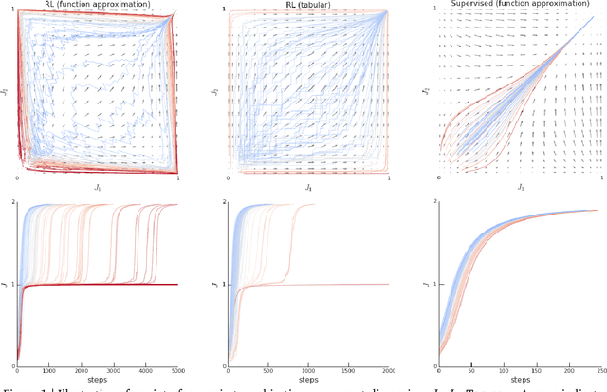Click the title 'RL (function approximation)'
(97, 5)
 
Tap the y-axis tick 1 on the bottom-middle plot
(222, 285)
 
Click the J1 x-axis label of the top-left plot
(99, 188)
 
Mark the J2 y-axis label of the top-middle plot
(217, 92)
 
